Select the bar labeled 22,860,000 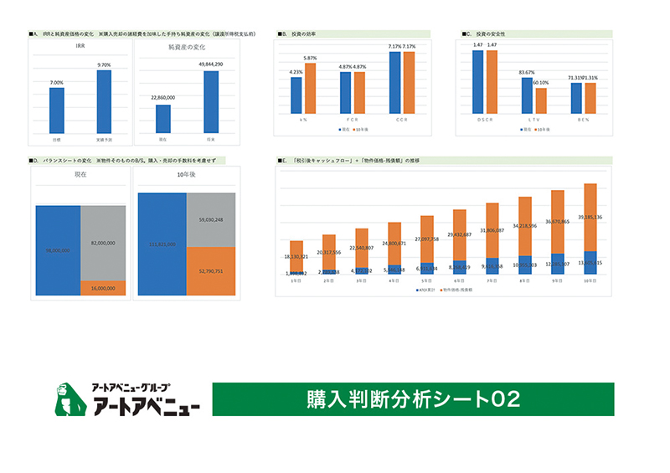tap(163, 118)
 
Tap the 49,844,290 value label tap(211, 64)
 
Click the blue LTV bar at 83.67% tap(527, 95)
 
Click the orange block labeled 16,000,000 tap(103, 287)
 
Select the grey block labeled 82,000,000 tap(103, 242)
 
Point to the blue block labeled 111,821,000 tap(162, 244)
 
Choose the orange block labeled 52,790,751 tap(211, 270)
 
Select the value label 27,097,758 tap(426, 239)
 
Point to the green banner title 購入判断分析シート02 tap(412, 398)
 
